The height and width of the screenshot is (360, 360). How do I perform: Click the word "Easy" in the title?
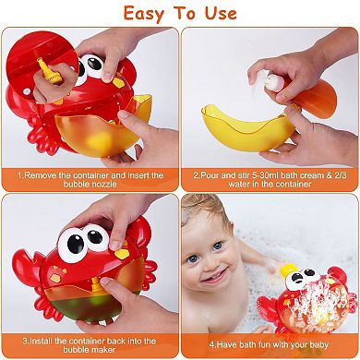pos(145,14)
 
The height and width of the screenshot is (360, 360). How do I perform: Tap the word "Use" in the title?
pos(221,13)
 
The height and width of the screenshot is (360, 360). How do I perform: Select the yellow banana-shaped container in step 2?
pos(248,128)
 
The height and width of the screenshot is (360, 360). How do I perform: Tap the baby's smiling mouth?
pos(216,276)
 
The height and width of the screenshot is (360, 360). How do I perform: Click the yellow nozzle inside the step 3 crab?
pos(97,284)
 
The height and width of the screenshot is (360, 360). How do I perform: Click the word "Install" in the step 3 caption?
pos(41,341)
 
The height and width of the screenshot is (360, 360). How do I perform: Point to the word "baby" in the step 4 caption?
pos(318,344)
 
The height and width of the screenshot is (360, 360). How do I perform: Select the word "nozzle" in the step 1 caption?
pos(103,185)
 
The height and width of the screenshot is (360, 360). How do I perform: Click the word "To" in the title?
pos(186,14)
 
